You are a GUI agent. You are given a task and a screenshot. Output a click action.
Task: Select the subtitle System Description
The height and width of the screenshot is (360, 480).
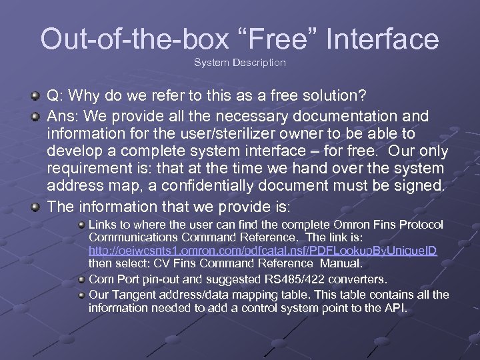[x=240, y=63]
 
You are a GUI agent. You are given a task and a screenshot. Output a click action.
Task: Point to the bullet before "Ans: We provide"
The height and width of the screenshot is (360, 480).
[x=34, y=115]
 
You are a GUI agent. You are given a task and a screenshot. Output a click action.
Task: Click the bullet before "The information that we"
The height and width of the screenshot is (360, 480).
[x=34, y=207]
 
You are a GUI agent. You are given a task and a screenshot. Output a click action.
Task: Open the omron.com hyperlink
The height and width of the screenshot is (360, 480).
[x=263, y=250]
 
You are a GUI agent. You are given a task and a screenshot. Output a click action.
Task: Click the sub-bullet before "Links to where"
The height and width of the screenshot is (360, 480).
[x=80, y=225]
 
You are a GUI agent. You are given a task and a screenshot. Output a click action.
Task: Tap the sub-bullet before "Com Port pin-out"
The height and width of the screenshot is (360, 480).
[x=80, y=279]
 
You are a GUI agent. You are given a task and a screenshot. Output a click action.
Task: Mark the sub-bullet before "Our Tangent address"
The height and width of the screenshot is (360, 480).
[x=80, y=295]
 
